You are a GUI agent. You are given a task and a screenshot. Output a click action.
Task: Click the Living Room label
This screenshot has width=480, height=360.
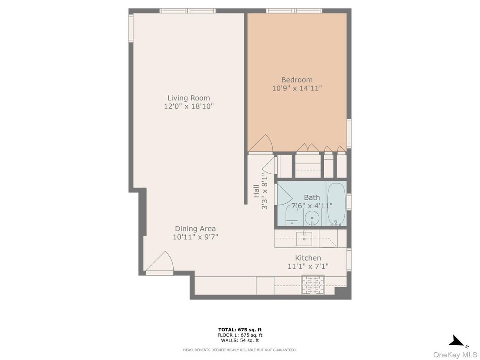(189, 98)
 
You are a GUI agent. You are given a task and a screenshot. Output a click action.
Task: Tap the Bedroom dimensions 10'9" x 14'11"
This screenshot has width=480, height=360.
(297, 89)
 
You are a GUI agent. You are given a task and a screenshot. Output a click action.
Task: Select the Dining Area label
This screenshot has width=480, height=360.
(195, 229)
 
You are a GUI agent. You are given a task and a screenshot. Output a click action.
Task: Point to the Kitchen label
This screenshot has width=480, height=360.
(308, 258)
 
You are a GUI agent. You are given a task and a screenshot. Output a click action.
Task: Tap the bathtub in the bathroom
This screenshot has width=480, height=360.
(336, 204)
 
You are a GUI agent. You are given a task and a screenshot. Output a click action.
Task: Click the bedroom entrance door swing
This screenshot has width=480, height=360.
(261, 144)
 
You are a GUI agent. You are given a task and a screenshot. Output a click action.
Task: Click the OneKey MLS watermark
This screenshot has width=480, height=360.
(455, 355)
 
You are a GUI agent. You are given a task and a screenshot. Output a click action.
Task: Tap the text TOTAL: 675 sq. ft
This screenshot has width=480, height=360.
(240, 330)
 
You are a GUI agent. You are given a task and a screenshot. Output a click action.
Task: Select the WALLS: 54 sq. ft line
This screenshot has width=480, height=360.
(240, 340)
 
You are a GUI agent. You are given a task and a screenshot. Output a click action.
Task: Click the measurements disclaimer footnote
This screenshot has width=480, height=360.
(240, 350)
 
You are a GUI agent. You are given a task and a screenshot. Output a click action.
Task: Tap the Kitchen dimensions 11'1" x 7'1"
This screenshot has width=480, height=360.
(308, 266)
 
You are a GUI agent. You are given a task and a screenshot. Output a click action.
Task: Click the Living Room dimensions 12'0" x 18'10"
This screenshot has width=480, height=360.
(189, 107)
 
